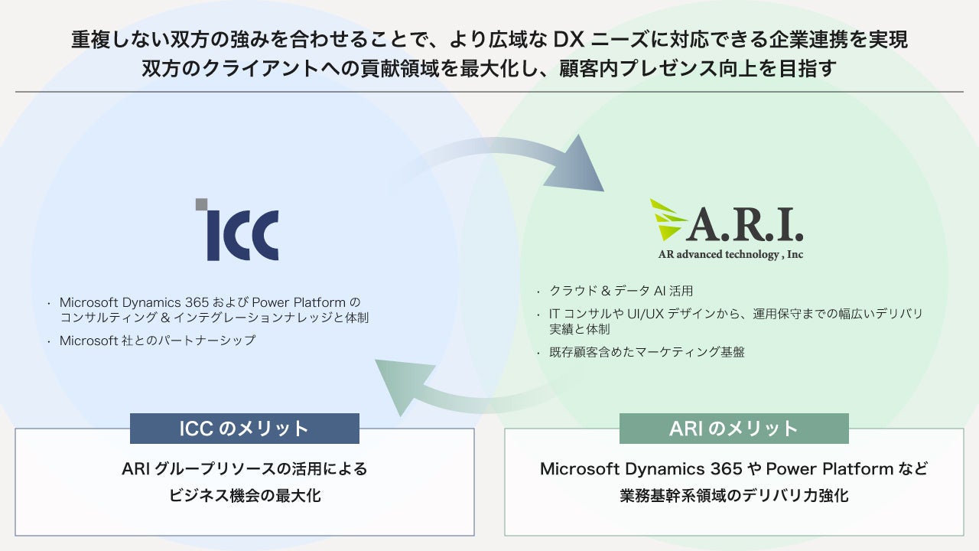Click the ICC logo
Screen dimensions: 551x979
point(237,231)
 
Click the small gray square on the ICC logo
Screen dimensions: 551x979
point(202,204)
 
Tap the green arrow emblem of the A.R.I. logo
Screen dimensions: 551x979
point(666,221)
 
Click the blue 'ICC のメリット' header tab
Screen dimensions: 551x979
point(244,429)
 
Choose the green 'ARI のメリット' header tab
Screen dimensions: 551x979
point(733,429)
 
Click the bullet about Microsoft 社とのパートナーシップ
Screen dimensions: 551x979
point(158,341)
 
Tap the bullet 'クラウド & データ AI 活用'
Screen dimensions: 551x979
point(620,291)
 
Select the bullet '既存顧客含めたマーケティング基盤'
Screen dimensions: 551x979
point(646,352)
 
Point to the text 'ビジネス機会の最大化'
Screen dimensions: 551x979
point(245,495)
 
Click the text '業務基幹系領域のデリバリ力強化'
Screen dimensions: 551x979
point(733,495)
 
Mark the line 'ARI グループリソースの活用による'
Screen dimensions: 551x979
point(245,468)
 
